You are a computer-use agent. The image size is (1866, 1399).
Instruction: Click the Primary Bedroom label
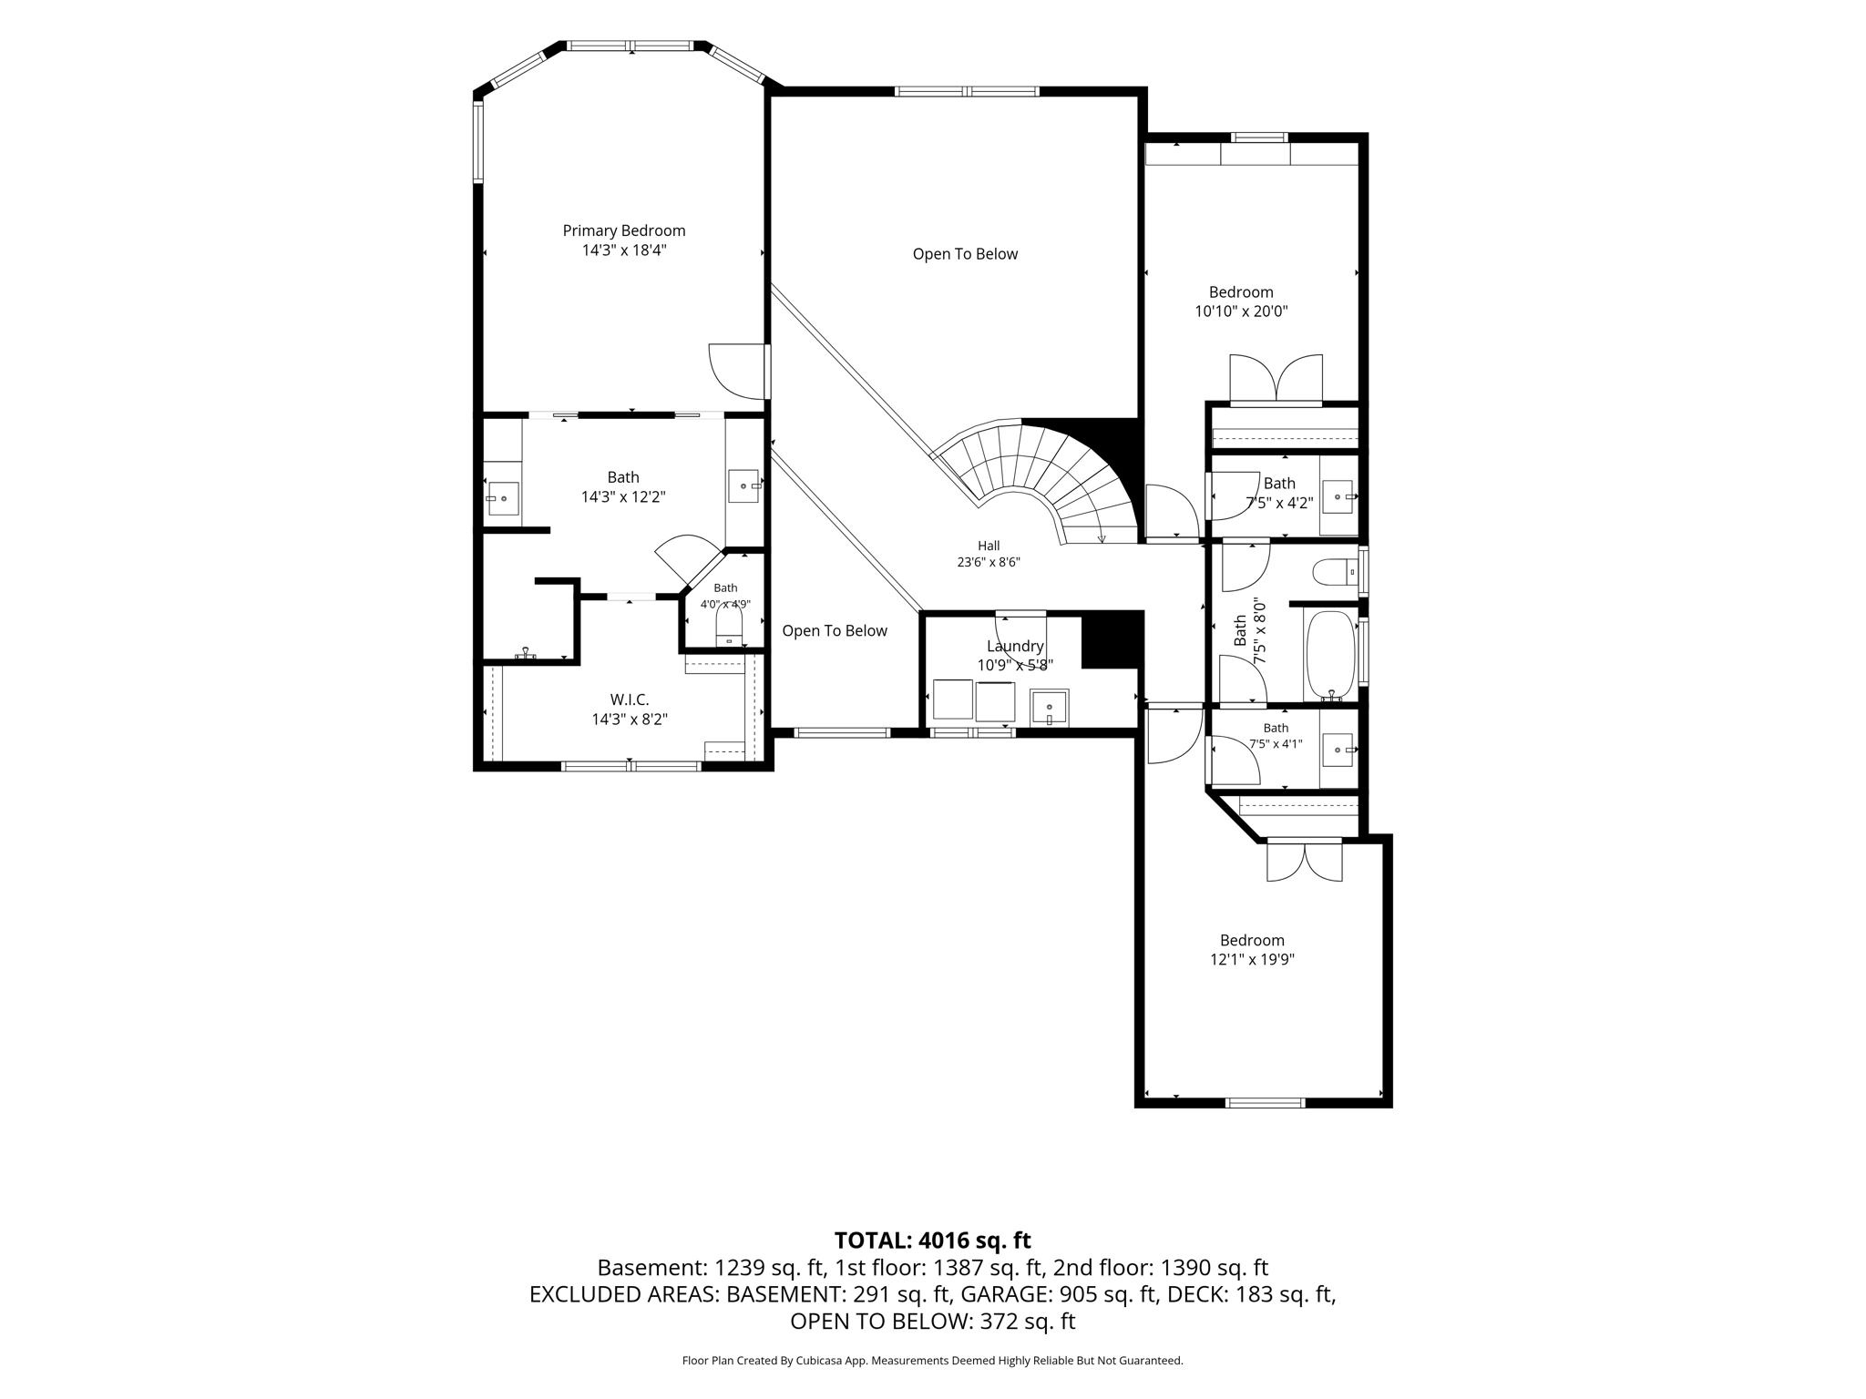pos(624,231)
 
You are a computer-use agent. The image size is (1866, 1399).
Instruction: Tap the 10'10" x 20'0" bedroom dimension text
pos(1241,311)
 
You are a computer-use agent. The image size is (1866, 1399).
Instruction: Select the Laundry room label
pos(1015,647)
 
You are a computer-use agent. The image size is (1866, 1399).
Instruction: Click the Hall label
pos(989,546)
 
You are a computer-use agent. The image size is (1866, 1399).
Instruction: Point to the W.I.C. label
pos(630,699)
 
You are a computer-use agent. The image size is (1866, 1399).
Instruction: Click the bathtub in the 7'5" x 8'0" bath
pos(1331,654)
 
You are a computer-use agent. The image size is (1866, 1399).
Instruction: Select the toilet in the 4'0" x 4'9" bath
pos(729,626)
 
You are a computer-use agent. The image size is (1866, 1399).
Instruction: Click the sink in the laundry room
pos(1050,708)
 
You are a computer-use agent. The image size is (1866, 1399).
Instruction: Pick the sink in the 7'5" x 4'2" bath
pos(1338,496)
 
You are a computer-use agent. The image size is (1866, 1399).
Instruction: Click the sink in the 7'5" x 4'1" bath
pos(1338,750)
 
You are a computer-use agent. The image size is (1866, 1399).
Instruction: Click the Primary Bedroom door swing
pos(737,371)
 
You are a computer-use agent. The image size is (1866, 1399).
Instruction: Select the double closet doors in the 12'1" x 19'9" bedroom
pos(1305,861)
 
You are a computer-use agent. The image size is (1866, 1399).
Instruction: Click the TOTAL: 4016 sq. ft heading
pos(933,1241)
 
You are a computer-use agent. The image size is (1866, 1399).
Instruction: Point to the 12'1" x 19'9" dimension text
pos(1252,959)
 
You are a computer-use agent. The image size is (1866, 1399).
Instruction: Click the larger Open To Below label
pos(965,254)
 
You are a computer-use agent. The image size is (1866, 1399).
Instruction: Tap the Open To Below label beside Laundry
pos(835,631)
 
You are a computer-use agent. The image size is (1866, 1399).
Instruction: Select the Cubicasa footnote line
pos(933,1361)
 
